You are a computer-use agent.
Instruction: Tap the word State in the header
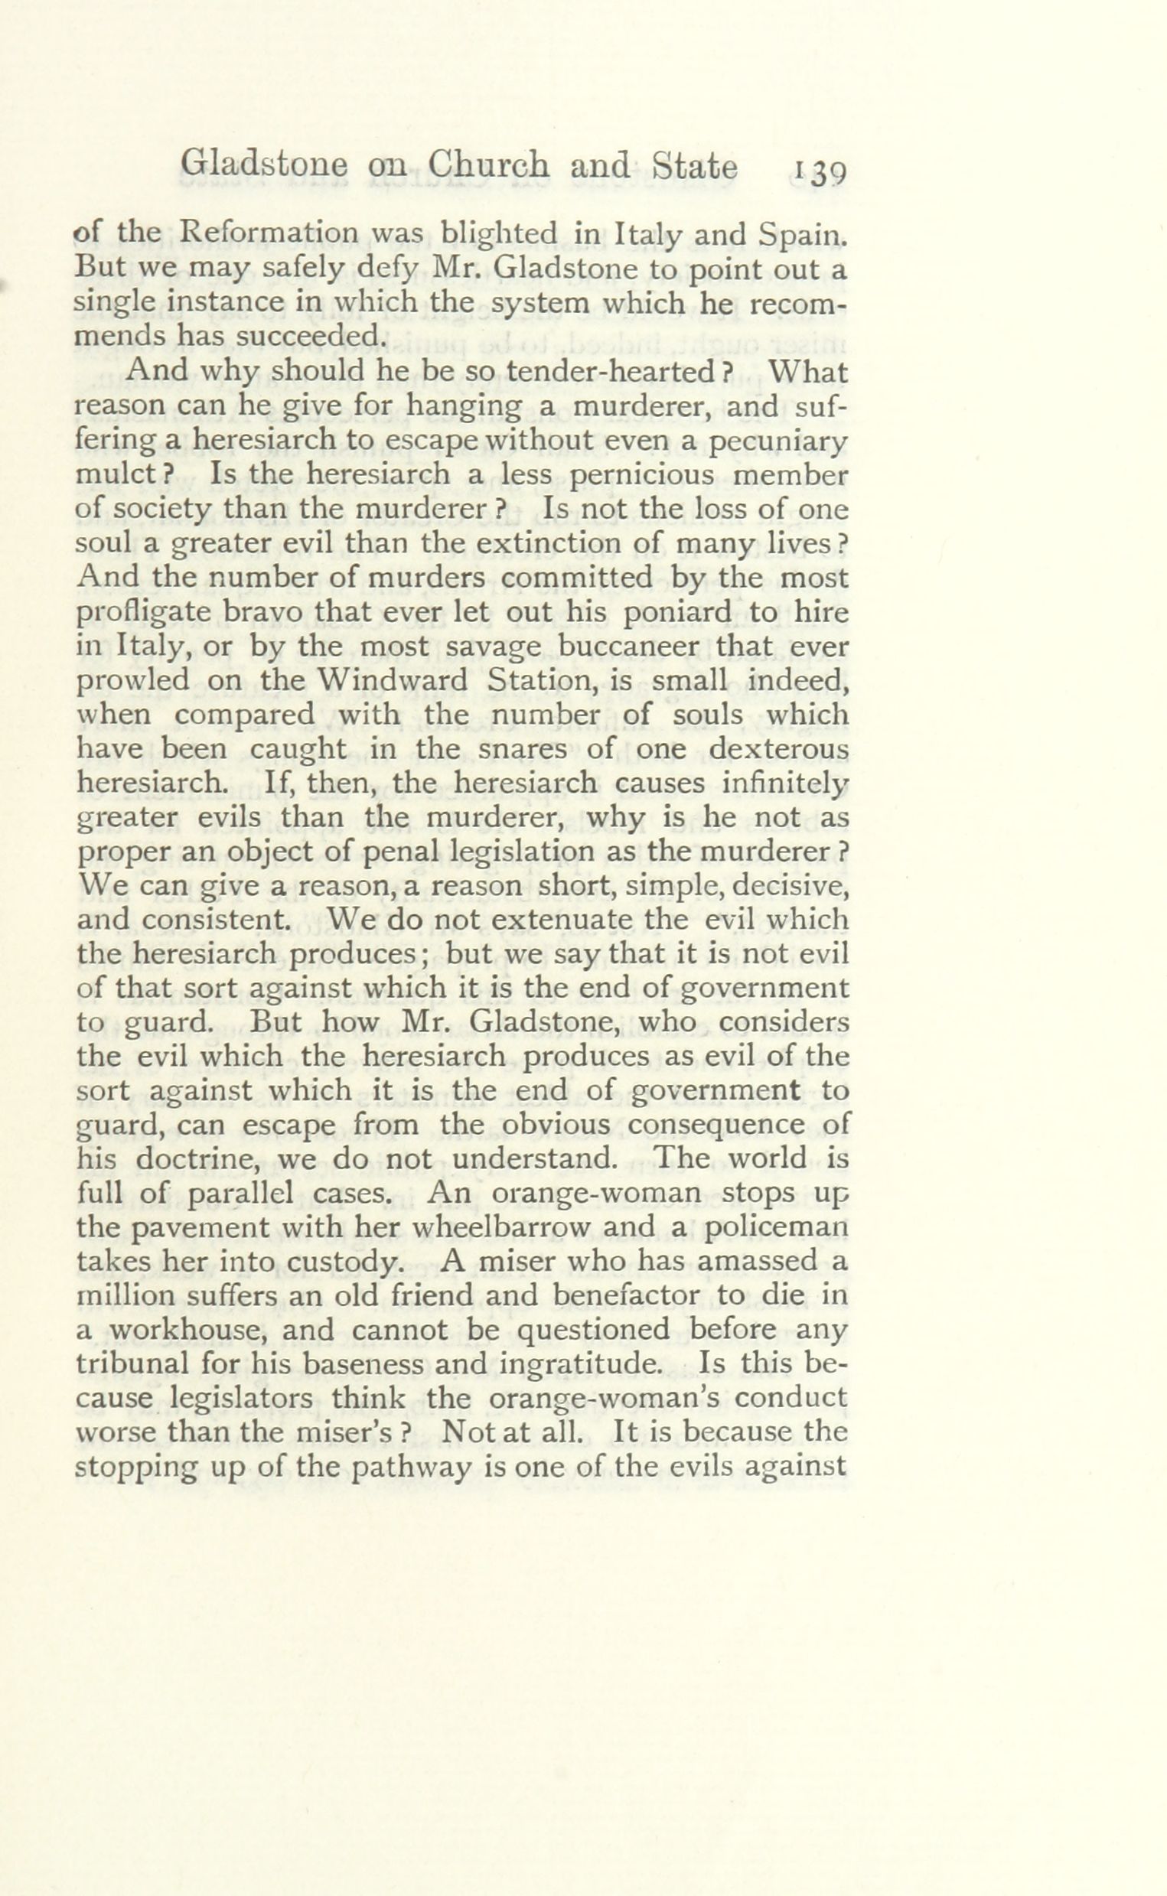(695, 165)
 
